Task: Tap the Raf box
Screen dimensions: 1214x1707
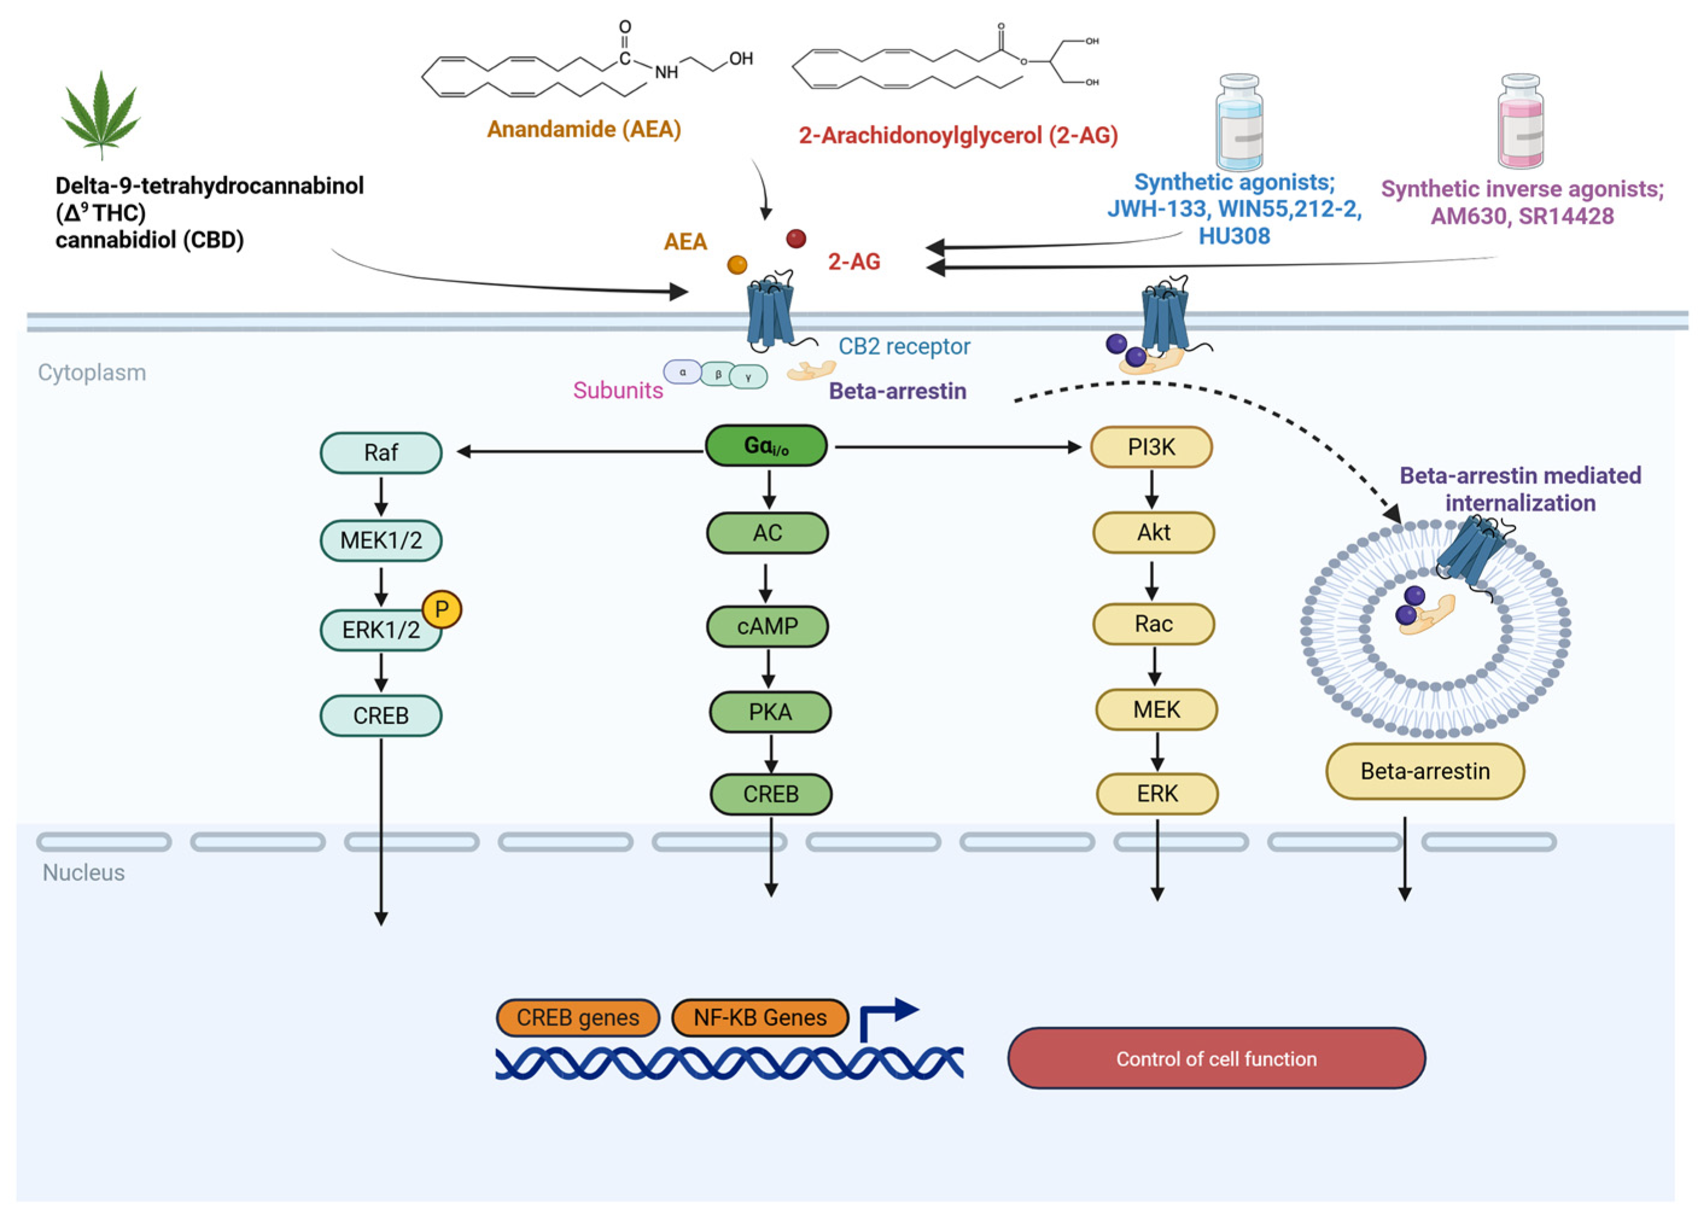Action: point(381,453)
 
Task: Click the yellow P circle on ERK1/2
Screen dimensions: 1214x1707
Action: point(442,610)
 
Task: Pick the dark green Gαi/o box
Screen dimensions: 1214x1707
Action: point(766,447)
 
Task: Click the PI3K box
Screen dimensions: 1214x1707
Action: point(1151,448)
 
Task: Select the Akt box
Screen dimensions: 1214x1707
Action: point(1153,533)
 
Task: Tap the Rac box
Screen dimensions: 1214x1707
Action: point(1153,624)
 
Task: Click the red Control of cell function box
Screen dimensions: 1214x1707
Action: point(1216,1058)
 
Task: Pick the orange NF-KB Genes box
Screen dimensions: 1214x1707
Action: point(760,1018)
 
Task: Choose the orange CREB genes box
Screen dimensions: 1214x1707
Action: point(578,1018)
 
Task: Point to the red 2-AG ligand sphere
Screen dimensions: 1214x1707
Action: point(796,238)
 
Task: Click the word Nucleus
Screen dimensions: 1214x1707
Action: point(83,872)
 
